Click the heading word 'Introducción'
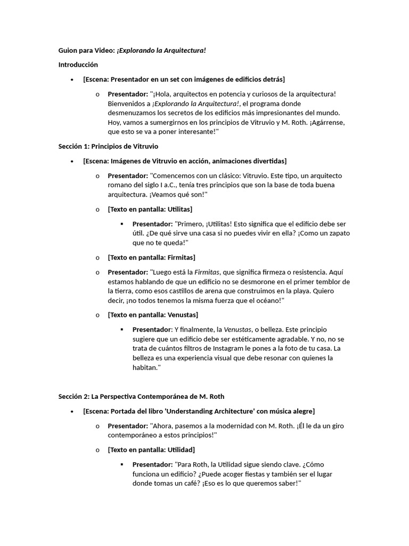pos(78,65)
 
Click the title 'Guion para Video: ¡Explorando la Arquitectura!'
pos(132,50)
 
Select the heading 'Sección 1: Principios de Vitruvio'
pos(108,146)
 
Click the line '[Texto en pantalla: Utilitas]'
pos(150,209)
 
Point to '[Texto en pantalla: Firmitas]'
pos(151,257)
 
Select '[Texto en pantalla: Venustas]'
pos(153,315)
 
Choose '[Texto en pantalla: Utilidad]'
pos(151,449)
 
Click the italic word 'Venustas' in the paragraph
pos(238,330)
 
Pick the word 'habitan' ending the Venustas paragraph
pos(144,368)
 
